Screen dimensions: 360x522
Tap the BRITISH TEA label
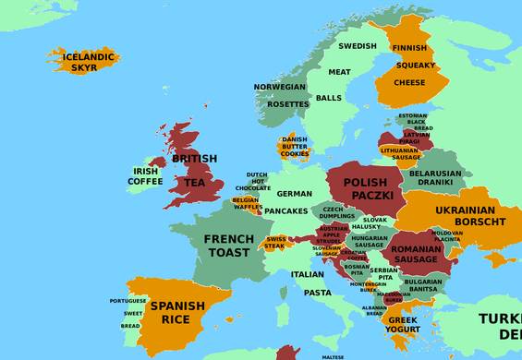(x=195, y=171)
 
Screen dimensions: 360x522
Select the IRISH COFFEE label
(x=145, y=176)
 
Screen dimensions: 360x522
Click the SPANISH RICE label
(x=177, y=313)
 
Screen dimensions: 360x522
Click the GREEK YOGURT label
(x=402, y=325)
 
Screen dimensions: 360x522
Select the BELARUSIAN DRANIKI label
(x=435, y=177)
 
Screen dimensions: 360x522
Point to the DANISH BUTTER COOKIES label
(x=295, y=147)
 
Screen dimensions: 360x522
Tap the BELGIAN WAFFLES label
(x=246, y=204)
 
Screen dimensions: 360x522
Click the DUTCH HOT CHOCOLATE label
(x=258, y=182)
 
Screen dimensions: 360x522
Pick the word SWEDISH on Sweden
(x=357, y=46)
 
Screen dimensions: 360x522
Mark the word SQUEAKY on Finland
(x=409, y=66)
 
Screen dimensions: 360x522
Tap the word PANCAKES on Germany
(x=285, y=211)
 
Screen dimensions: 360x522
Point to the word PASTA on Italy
(x=317, y=293)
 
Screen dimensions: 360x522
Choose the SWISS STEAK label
(x=276, y=242)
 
